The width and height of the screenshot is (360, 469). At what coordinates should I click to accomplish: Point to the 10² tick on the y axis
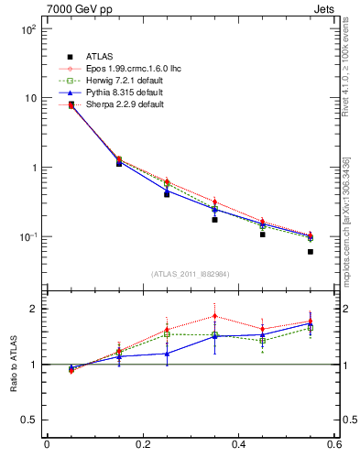click(x=28, y=29)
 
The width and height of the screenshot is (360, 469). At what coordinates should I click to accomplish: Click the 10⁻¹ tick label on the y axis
click(x=27, y=237)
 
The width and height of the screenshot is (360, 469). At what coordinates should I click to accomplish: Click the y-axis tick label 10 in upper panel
click(x=30, y=99)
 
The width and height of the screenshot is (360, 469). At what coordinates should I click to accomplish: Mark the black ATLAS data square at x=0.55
click(x=311, y=252)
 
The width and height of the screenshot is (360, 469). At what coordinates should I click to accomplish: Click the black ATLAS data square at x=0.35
click(x=214, y=220)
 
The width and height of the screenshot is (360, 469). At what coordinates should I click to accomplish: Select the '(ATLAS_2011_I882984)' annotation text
click(x=190, y=274)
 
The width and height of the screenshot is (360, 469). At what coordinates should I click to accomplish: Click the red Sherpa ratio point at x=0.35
click(x=214, y=316)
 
